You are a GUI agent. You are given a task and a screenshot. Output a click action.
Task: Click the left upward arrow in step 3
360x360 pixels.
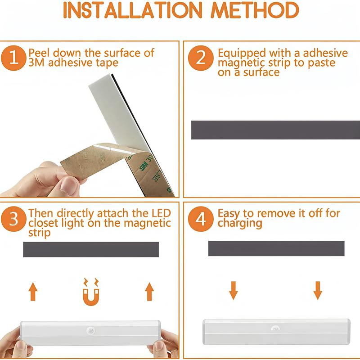pyautogui.click(x=33, y=292)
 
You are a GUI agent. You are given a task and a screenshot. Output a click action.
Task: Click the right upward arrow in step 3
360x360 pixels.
pyautogui.click(x=149, y=292)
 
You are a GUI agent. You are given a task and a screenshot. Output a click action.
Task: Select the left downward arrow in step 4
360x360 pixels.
pyautogui.click(x=233, y=290)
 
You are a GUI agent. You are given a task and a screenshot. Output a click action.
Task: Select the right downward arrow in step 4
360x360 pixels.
pyautogui.click(x=318, y=290)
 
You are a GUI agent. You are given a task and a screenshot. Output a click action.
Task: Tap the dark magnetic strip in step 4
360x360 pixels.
pyautogui.click(x=276, y=248)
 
